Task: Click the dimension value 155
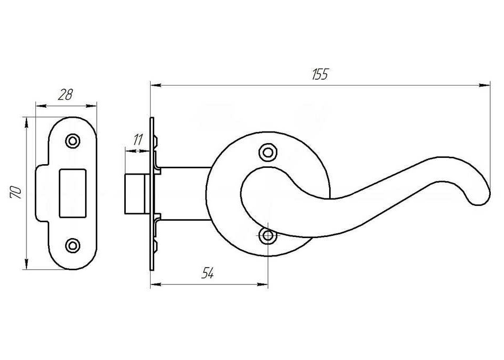click(320, 74)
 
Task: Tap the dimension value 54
click(208, 273)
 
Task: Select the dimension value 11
click(138, 140)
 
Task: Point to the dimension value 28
click(66, 94)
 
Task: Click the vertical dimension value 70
click(16, 192)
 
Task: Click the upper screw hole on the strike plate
click(73, 141)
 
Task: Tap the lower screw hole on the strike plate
click(73, 245)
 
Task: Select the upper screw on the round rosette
click(268, 152)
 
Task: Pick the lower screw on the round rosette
click(268, 236)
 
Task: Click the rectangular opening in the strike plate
click(73, 193)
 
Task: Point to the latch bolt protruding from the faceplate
click(135, 194)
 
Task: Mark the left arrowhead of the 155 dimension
click(156, 85)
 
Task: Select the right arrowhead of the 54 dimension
click(263, 284)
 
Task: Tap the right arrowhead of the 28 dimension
click(91, 106)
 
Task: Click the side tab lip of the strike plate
click(41, 193)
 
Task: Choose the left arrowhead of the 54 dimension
click(156, 284)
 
